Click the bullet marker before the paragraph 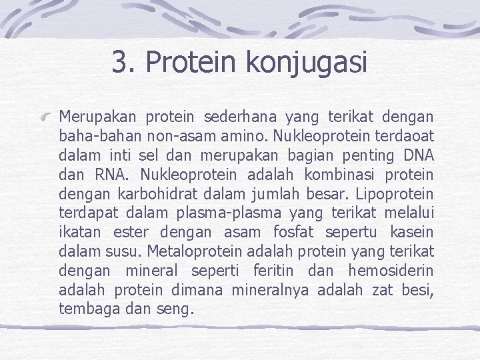click(47, 117)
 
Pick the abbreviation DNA click(418, 156)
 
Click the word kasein click(411, 233)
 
